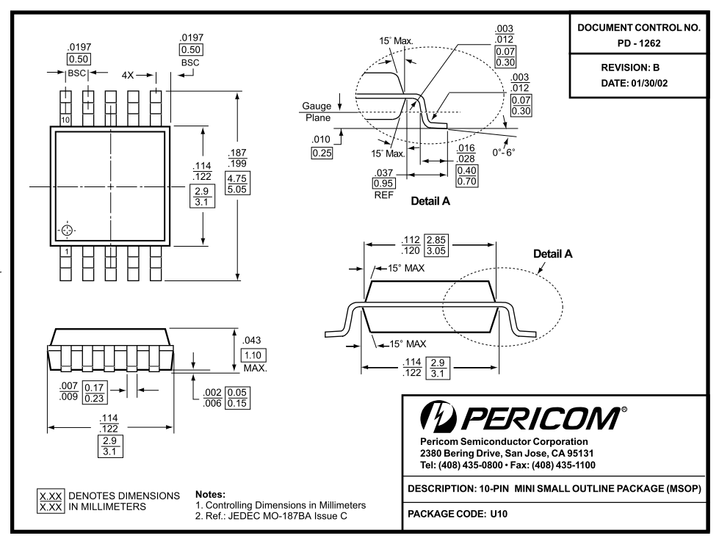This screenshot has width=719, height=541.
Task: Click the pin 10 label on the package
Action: (66, 119)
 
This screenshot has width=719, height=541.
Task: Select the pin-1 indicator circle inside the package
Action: (67, 230)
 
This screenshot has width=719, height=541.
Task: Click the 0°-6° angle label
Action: (504, 152)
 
